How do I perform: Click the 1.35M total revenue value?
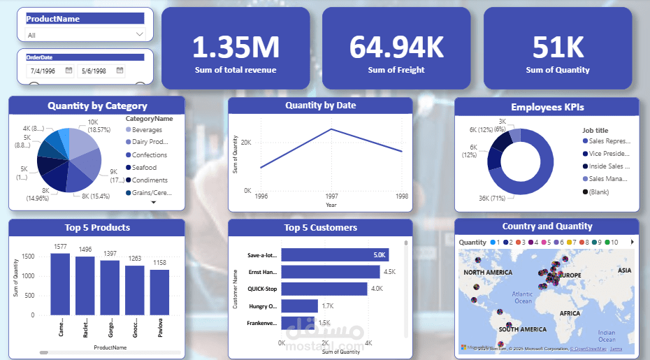[235, 47]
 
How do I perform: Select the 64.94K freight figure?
[396, 47]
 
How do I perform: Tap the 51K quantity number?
[557, 47]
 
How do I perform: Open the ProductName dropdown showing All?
[85, 34]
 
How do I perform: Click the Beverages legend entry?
[147, 130]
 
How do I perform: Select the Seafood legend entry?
[144, 168]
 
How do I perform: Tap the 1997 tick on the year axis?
[331, 197]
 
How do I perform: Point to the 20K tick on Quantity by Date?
[246, 143]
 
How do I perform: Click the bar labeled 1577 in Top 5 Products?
[60, 285]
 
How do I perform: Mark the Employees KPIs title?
[547, 107]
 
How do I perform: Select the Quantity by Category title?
[97, 106]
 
